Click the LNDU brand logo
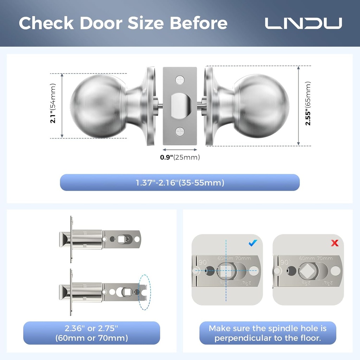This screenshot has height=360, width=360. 303,23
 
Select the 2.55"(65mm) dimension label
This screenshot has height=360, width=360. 308,103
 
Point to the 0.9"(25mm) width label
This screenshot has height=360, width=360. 180,157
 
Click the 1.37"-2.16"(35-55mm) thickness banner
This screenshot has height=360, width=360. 180,183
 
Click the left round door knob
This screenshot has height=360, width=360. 98,106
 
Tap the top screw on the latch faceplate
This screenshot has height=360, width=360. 180,80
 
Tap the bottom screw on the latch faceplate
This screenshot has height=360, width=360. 180,132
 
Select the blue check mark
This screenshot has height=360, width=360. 253,243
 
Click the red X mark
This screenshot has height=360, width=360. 334,243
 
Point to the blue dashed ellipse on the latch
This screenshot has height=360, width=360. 144,292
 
